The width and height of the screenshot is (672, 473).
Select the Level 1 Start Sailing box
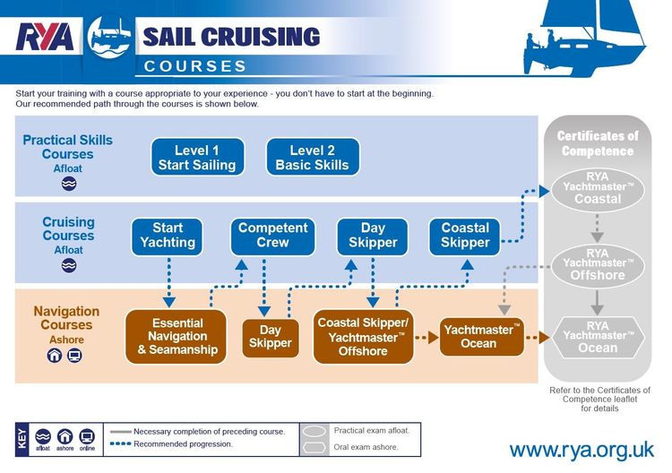[x=197, y=157]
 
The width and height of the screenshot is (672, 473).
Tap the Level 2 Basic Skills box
[x=313, y=157]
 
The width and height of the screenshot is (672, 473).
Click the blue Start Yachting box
[x=168, y=235]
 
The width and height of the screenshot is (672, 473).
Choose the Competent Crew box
[x=273, y=235]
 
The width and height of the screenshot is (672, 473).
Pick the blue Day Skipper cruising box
[x=373, y=235]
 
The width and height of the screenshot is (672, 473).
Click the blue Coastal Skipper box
[x=465, y=235]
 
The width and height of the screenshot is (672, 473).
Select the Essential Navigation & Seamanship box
[x=177, y=336]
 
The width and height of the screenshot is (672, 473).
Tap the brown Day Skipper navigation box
[x=270, y=336]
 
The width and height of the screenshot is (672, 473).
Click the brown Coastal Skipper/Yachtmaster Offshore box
[x=363, y=336]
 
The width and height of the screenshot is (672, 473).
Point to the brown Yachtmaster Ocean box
[x=481, y=336]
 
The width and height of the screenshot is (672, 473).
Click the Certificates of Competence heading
[x=598, y=143]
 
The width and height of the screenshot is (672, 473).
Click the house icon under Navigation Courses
[x=55, y=356]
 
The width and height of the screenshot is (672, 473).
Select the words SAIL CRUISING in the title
[x=231, y=37]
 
